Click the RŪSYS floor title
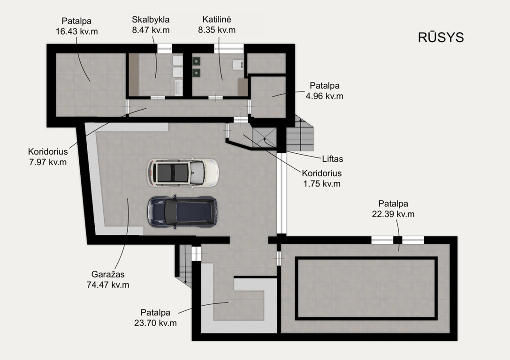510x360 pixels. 441,37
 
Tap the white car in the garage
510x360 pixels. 183,172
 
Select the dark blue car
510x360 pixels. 182,211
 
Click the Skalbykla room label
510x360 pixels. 151,20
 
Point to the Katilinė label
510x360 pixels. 217,20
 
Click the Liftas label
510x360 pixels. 332,159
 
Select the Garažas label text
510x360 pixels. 107,274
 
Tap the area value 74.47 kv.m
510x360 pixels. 107,285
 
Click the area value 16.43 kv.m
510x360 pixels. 77,31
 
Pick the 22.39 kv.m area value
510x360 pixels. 393,214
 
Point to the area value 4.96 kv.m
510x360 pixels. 324,96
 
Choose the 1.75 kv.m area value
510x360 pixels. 322,184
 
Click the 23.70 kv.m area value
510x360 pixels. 155,323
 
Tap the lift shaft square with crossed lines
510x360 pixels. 265,137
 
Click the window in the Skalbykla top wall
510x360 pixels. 164,48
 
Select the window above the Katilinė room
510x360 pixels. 229,48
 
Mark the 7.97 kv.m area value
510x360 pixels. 48,162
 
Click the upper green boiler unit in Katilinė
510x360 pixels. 196,61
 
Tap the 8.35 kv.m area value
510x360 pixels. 217,30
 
